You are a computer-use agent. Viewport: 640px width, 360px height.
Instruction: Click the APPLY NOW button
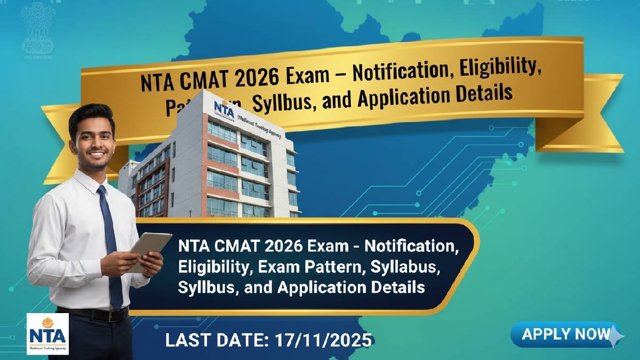tap(566, 334)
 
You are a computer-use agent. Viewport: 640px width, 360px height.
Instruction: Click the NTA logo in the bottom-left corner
tap(47, 334)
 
